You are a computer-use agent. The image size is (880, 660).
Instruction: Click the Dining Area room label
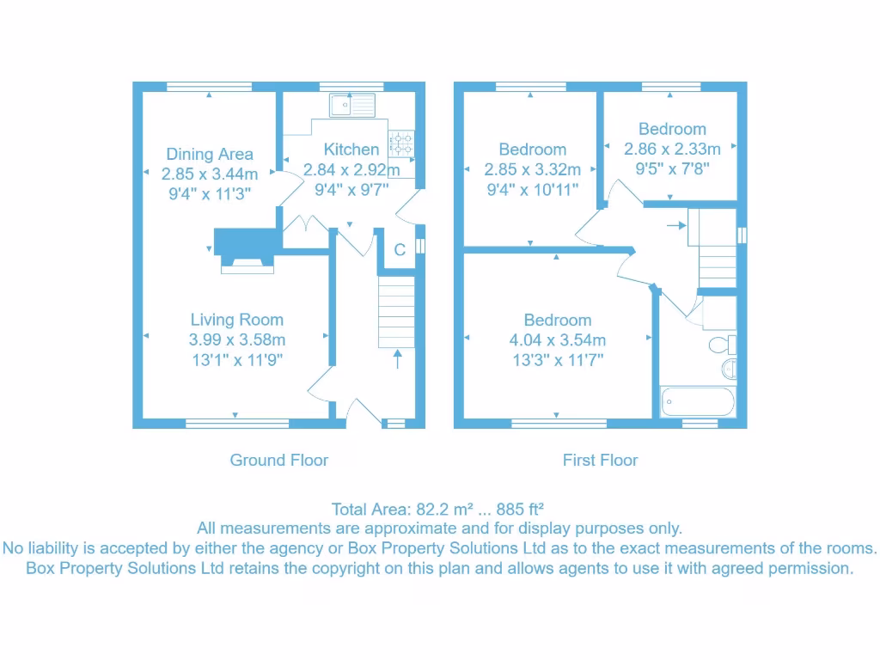coord(210,154)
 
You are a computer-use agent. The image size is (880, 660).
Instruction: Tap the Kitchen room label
coord(351,149)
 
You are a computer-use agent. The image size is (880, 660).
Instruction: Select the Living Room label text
coord(236,320)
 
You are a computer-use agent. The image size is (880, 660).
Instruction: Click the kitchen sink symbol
coord(351,105)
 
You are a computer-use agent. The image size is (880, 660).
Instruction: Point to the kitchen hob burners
coord(401,143)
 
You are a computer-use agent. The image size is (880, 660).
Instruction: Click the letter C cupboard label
coord(400,250)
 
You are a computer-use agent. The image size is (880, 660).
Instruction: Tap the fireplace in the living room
coord(246,248)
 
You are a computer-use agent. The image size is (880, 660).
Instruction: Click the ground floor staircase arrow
coord(397,358)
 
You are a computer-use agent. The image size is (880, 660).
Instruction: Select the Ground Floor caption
coord(278,460)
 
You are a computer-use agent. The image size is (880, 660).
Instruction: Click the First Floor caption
coord(600,460)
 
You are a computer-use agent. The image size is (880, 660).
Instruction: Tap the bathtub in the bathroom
coord(697,401)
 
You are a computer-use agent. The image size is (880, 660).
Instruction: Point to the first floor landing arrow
coord(675,226)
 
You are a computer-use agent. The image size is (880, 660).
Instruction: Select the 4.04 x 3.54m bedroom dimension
coord(557,340)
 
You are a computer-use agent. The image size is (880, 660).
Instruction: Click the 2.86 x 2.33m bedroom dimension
coord(672,149)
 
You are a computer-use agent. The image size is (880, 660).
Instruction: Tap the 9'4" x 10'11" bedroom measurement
coord(532,189)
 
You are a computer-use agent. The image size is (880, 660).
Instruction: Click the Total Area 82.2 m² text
coord(439,509)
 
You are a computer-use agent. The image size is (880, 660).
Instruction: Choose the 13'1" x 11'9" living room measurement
coord(236,360)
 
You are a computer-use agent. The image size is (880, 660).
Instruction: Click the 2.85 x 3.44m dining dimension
coord(210,174)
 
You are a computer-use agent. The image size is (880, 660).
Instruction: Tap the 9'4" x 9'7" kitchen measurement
coord(351,189)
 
